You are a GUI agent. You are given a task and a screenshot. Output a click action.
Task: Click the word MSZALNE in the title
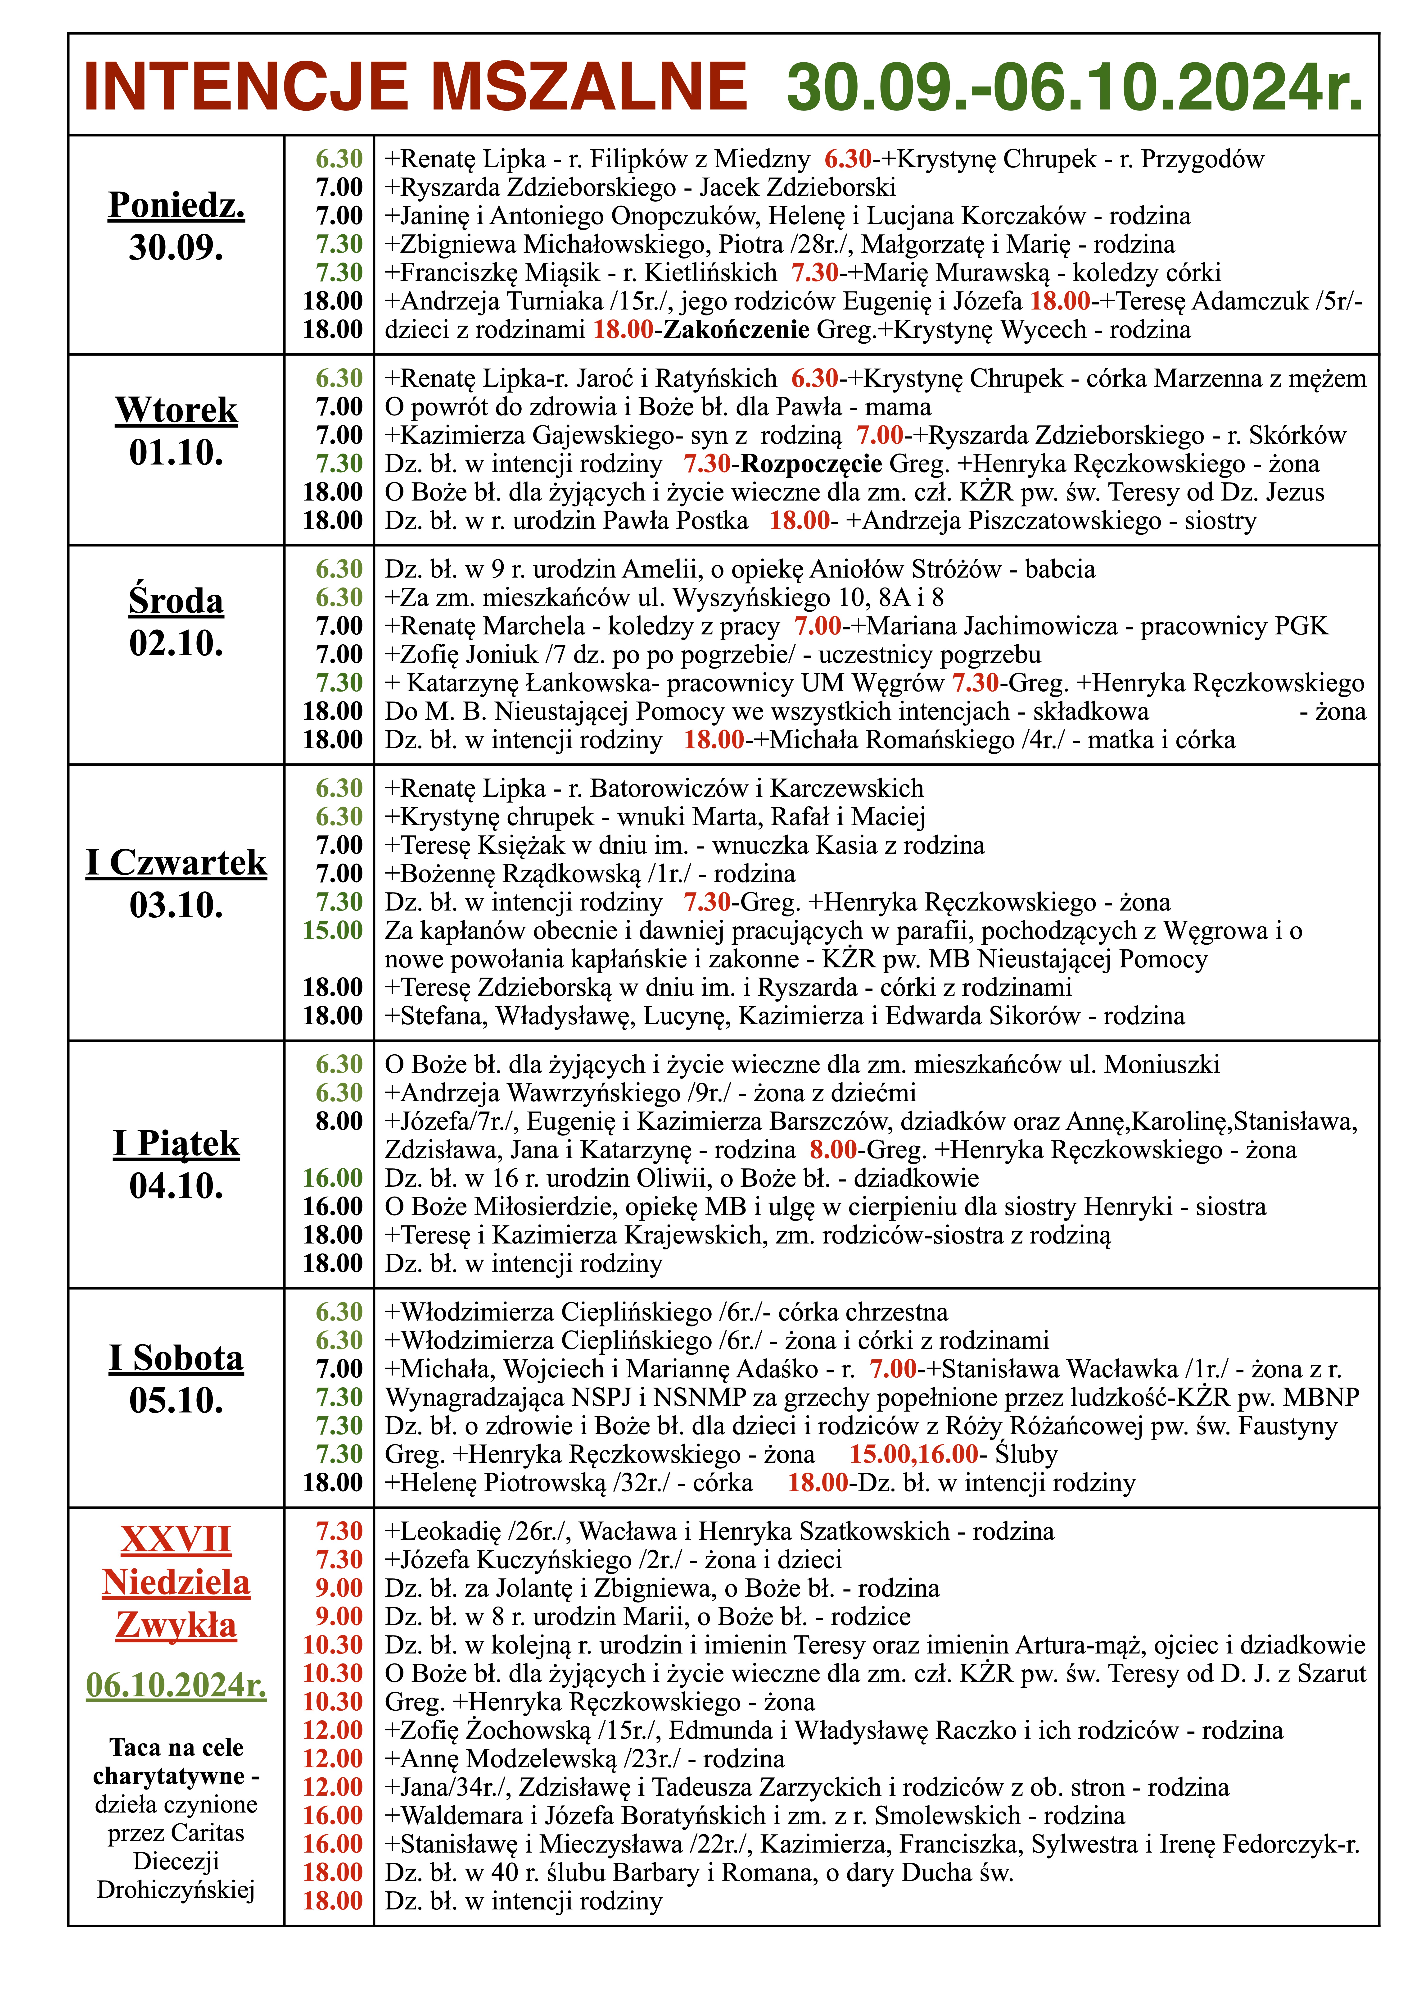coord(589,87)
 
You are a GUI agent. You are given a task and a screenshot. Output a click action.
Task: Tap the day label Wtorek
coord(176,410)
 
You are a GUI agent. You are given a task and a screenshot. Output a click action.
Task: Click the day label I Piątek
coord(176,1143)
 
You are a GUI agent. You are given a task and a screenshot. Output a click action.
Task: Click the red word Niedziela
coord(176,1583)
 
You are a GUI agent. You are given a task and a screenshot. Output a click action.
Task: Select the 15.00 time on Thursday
coord(333,931)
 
